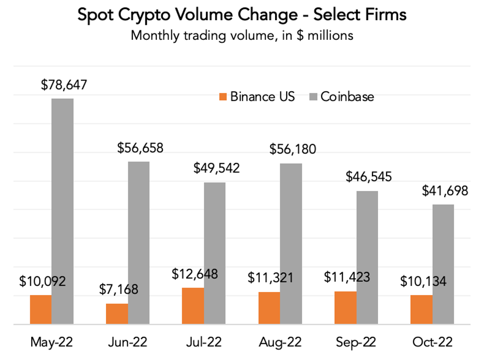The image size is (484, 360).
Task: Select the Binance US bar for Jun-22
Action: (117, 314)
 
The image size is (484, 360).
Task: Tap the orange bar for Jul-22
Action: (193, 306)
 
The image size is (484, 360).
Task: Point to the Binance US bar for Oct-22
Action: (421, 309)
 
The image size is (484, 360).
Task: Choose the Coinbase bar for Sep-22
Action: (367, 257)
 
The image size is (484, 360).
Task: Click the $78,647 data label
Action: (64, 84)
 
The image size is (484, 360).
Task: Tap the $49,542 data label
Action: (217, 168)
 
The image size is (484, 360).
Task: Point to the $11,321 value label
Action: (271, 278)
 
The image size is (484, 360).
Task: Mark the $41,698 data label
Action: (445, 191)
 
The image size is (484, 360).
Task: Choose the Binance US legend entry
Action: (257, 97)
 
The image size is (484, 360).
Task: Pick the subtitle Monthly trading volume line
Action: (242, 35)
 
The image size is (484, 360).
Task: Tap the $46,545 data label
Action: (369, 177)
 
